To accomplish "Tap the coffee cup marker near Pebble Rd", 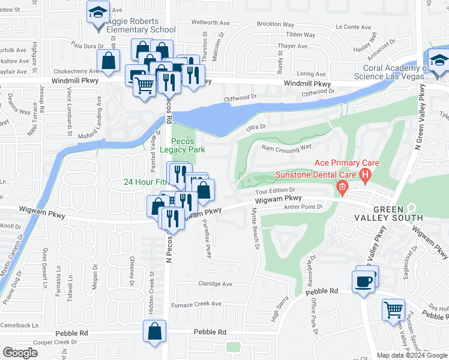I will [364, 281].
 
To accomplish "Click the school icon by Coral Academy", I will [439, 60].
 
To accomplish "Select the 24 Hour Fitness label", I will [145, 182].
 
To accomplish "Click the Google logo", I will [20, 353].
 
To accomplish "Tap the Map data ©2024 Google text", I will [412, 355].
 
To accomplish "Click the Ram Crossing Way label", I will [286, 148].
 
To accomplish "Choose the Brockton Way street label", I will [275, 24].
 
